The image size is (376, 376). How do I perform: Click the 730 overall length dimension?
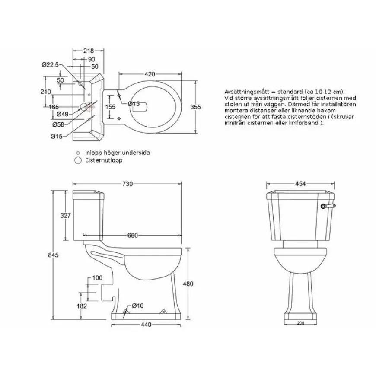127,184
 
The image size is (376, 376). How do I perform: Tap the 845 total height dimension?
53,255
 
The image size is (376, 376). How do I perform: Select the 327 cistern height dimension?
65,215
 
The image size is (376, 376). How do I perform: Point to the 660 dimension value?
132,236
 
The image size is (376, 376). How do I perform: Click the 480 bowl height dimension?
188,284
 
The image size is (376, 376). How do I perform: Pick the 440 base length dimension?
146,325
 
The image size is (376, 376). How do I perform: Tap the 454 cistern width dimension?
300,184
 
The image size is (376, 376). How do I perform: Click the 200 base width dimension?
300,323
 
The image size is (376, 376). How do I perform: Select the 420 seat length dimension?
150,74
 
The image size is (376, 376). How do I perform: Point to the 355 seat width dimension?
195,107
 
